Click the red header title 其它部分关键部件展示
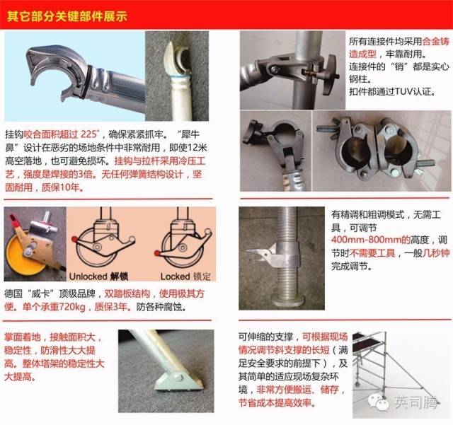click(67, 16)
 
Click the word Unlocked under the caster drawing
click(86, 276)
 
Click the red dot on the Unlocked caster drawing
click(75, 239)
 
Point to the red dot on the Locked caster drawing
click(157, 253)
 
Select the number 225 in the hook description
click(88, 134)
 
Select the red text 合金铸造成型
click(399, 47)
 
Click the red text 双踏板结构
click(127, 294)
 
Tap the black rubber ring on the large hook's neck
click(88, 81)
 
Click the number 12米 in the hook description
click(197, 148)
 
